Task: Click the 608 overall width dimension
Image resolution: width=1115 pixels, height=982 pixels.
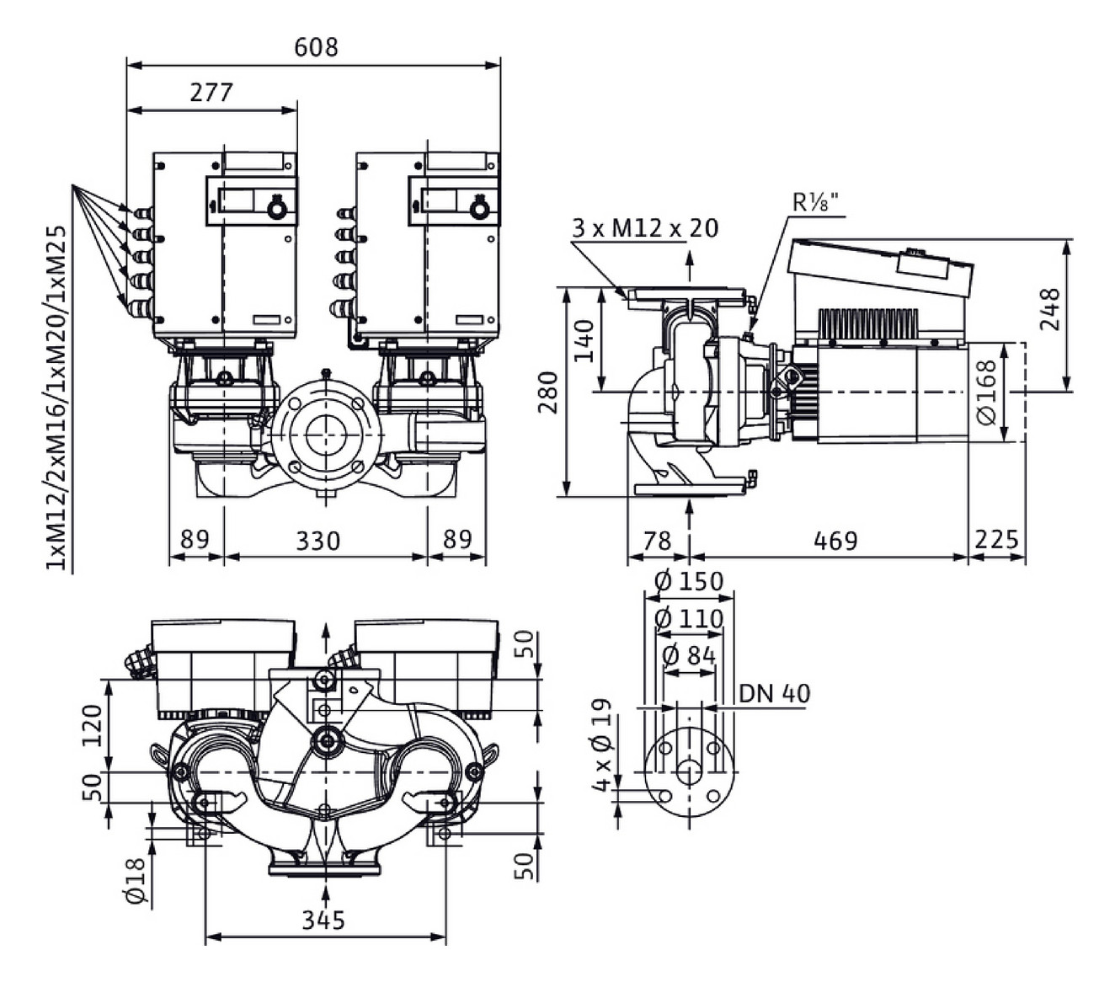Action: pos(316,46)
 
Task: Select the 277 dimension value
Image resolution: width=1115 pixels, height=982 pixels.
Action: pos(211,91)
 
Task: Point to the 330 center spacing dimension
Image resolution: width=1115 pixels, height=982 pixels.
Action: pos(317,540)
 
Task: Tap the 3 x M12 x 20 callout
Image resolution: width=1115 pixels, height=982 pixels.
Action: pos(645,227)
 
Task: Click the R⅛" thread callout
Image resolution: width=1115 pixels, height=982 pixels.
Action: pos(815,203)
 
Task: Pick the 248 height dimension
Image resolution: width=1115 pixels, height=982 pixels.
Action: pos(1050,309)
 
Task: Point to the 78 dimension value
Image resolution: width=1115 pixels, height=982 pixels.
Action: pos(657,540)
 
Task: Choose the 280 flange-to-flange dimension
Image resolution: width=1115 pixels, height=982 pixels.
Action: pos(548,392)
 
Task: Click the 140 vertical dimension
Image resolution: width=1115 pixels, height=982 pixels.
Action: pos(584,340)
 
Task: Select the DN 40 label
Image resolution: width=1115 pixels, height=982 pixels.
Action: pos(774,693)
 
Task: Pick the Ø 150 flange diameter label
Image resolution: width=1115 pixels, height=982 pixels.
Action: pos(688,581)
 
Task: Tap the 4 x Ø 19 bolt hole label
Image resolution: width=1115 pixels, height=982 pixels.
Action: pos(601,745)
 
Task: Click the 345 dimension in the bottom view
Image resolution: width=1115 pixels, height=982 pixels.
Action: pos(323,920)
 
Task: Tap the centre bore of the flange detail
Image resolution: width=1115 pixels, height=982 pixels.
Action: pos(689,772)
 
